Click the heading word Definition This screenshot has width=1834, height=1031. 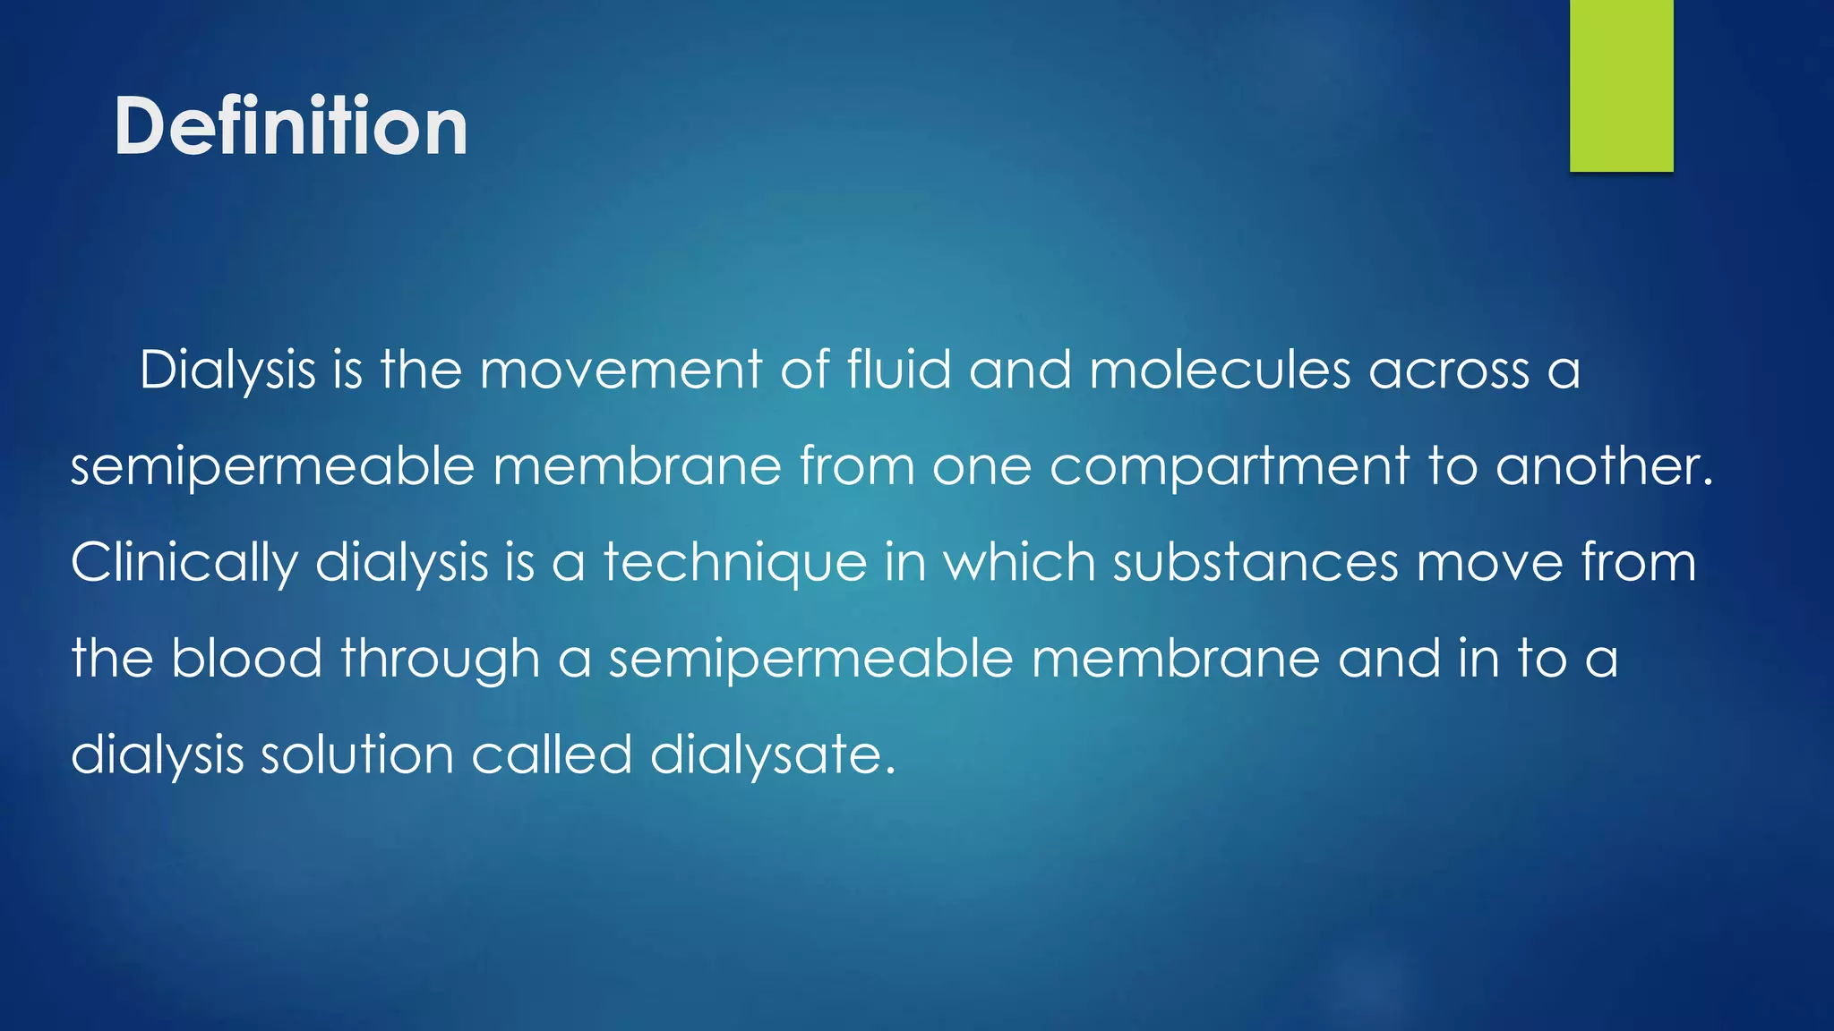tap(290, 126)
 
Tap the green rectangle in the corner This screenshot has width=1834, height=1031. tap(1621, 85)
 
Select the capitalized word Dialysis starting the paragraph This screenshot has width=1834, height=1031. tap(227, 371)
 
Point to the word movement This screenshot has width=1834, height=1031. tap(621, 371)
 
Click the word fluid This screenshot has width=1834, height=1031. tap(898, 371)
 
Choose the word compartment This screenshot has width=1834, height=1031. tap(1230, 467)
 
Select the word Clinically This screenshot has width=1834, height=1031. tap(184, 564)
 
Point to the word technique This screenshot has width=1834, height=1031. tap(735, 564)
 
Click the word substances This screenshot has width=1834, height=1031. tap(1256, 562)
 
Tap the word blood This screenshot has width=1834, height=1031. tap(246, 659)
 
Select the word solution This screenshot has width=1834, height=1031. tap(356, 754)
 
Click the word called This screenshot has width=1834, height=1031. tap(552, 754)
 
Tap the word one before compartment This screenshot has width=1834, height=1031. tap(981, 467)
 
